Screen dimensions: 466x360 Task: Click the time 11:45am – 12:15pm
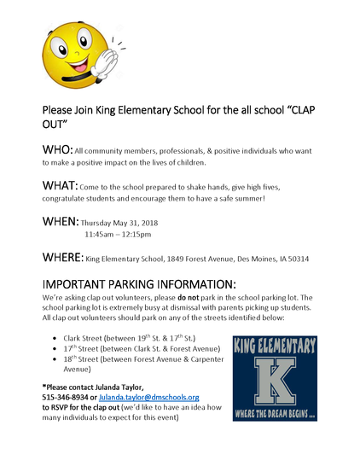(118, 234)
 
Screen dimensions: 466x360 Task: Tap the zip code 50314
(295, 259)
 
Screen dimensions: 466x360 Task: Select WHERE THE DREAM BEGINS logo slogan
(274, 429)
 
